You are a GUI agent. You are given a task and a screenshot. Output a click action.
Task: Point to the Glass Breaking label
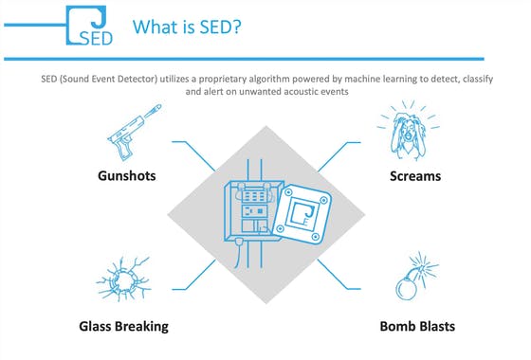click(x=124, y=326)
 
